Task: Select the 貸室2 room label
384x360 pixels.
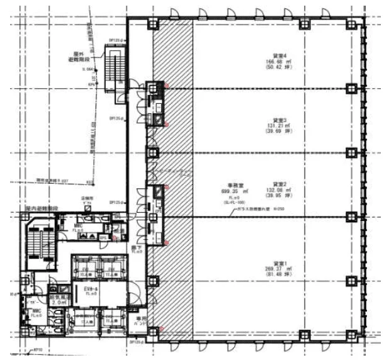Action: [x=280, y=183]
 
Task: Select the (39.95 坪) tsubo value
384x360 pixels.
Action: [x=280, y=195]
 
